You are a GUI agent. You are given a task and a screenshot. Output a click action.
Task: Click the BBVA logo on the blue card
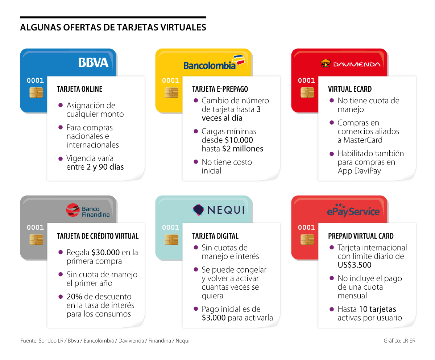93,62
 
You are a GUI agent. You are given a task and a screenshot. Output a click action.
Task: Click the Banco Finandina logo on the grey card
88,210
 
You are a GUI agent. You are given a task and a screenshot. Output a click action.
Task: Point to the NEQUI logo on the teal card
218,210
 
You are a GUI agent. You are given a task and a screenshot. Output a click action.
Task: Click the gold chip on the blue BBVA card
36,92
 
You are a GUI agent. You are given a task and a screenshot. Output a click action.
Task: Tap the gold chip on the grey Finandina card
36,239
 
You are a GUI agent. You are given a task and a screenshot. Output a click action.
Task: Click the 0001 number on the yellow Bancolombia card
170,80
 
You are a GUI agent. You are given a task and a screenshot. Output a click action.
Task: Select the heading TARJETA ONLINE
79,89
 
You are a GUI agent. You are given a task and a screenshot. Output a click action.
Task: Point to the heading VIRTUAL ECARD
350,89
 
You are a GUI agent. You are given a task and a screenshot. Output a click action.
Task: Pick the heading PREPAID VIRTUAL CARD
361,236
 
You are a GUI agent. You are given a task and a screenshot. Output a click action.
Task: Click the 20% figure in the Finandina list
74,297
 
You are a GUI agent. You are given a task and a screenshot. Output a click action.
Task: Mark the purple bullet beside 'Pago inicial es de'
196,309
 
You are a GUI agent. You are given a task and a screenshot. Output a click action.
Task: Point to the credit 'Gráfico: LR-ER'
399,341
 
